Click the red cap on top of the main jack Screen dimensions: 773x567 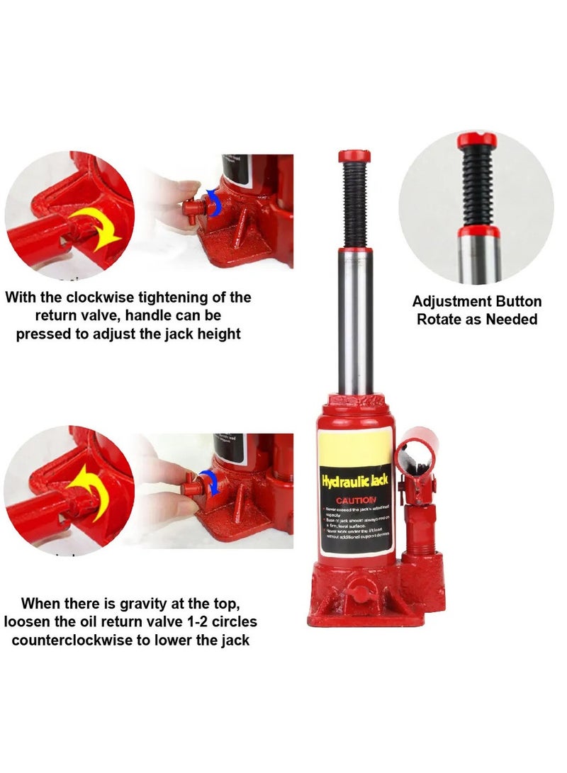pos(356,156)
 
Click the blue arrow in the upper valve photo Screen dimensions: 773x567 pos(215,202)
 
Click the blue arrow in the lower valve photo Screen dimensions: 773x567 pos(210,481)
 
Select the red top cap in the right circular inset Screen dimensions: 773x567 pos(477,140)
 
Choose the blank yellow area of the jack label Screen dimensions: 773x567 pos(354,446)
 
